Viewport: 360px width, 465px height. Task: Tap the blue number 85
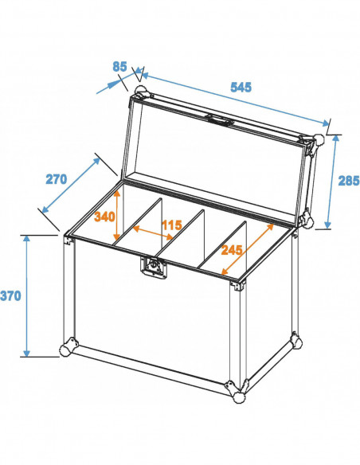pyautogui.click(x=119, y=67)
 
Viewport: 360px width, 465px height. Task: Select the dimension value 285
pyautogui.click(x=348, y=181)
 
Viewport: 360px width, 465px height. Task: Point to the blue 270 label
pyautogui.click(x=56, y=178)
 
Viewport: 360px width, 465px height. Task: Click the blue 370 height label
pyautogui.click(x=12, y=295)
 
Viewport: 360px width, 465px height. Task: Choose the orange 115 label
pyautogui.click(x=171, y=225)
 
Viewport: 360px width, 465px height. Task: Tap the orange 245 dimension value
pyautogui.click(x=233, y=249)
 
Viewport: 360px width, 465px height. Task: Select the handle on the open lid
pyautogui.click(x=221, y=122)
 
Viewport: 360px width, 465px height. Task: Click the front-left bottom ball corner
pyautogui.click(x=67, y=350)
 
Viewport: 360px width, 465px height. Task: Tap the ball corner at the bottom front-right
pyautogui.click(x=236, y=393)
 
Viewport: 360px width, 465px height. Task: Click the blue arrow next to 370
pyautogui.click(x=26, y=295)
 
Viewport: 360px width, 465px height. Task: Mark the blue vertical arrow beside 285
pyautogui.click(x=331, y=181)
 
